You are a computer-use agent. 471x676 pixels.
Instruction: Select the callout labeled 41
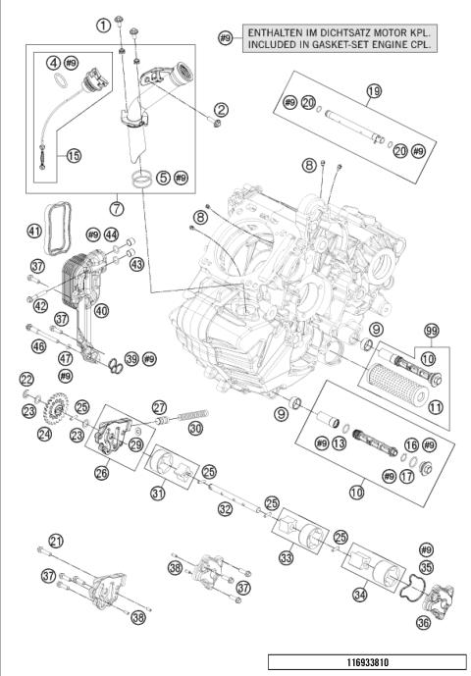pos(34,232)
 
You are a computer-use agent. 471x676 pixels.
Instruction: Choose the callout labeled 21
pos(55,541)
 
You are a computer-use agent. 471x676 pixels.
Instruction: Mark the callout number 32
pos(225,509)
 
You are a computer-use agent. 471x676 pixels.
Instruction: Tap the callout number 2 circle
pos(221,109)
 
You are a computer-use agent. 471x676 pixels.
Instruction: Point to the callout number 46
pos(39,345)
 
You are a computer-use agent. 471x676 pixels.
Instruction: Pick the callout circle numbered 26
pos(101,473)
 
